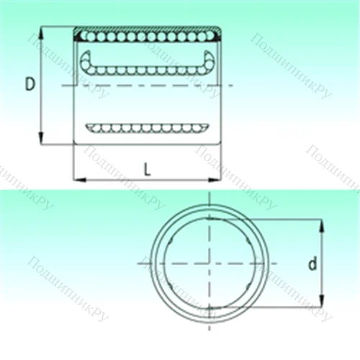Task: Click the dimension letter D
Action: coord(30,84)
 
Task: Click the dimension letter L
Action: coord(147,169)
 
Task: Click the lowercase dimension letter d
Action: coord(312,264)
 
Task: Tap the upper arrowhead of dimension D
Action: coord(42,33)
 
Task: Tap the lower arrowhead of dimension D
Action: coord(42,138)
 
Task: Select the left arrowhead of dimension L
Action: coord(79,179)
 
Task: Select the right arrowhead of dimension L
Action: coord(214,179)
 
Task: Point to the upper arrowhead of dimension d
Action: coord(322,225)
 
